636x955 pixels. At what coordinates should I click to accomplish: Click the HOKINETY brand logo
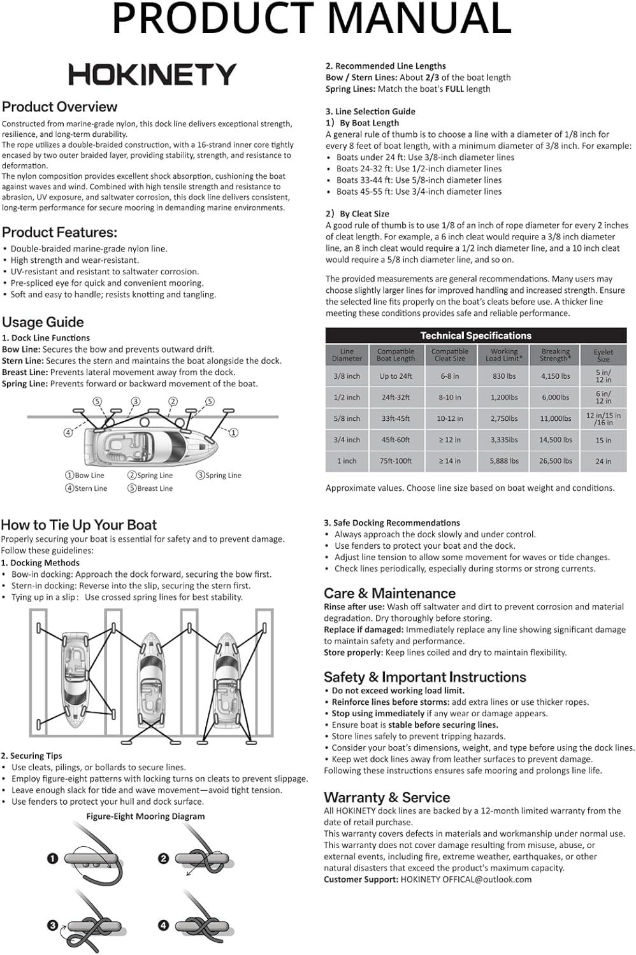tap(152, 74)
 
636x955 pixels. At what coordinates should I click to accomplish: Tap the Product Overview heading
tap(60, 107)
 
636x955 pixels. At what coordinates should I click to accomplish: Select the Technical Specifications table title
tap(475, 336)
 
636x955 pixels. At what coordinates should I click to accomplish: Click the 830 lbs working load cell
tap(504, 376)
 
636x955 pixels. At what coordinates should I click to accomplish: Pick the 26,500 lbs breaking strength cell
tap(556, 461)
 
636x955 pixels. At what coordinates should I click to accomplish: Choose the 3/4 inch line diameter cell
tap(347, 440)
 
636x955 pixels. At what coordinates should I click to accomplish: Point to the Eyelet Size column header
tap(603, 355)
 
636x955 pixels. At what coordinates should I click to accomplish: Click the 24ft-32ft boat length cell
tap(396, 397)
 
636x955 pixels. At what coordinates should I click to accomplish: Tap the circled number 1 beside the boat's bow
tap(234, 433)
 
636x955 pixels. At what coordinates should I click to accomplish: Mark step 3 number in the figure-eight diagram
tap(53, 925)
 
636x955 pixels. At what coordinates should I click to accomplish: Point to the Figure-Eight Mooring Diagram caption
tap(146, 816)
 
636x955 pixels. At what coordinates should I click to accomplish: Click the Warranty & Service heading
tap(387, 798)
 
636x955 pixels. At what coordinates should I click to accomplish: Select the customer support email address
tap(466, 879)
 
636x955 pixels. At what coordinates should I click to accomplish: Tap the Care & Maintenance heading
tap(389, 593)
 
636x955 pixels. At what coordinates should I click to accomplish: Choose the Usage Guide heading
tap(43, 322)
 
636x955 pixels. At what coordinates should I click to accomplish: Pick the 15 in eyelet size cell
tap(603, 440)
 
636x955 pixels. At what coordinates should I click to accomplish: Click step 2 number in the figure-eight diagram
tap(163, 859)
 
